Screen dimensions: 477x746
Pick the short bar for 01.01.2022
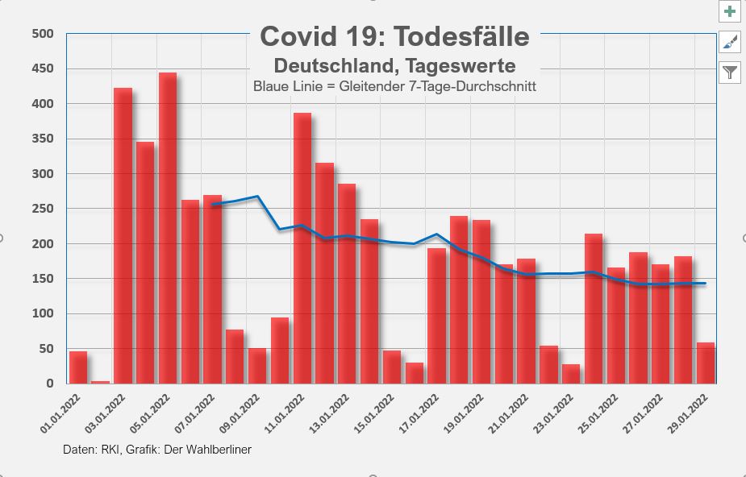(x=78, y=367)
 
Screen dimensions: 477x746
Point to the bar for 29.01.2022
(x=706, y=363)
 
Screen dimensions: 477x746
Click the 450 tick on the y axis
(x=43, y=68)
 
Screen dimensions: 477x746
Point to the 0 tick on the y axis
(x=49, y=384)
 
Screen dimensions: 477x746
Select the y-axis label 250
(x=43, y=209)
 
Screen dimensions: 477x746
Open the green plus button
(x=730, y=12)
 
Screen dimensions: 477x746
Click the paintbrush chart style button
(x=730, y=42)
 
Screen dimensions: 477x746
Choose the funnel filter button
(x=730, y=73)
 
